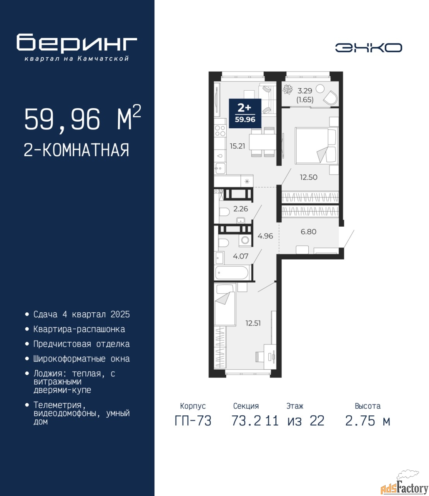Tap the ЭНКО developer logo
(368, 48)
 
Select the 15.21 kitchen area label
(238, 146)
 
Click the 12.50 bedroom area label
(309, 177)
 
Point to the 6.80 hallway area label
(309, 232)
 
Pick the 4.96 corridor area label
(265, 236)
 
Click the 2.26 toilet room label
(241, 209)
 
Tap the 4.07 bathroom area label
(241, 256)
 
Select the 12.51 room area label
(253, 323)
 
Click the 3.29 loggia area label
(305, 91)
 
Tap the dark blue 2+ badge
(245, 114)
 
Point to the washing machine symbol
(245, 240)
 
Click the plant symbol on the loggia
(288, 89)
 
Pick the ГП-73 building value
(193, 421)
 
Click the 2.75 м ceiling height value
(367, 421)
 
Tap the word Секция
(246, 406)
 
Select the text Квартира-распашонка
(79, 329)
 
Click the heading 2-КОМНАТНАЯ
(77, 150)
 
